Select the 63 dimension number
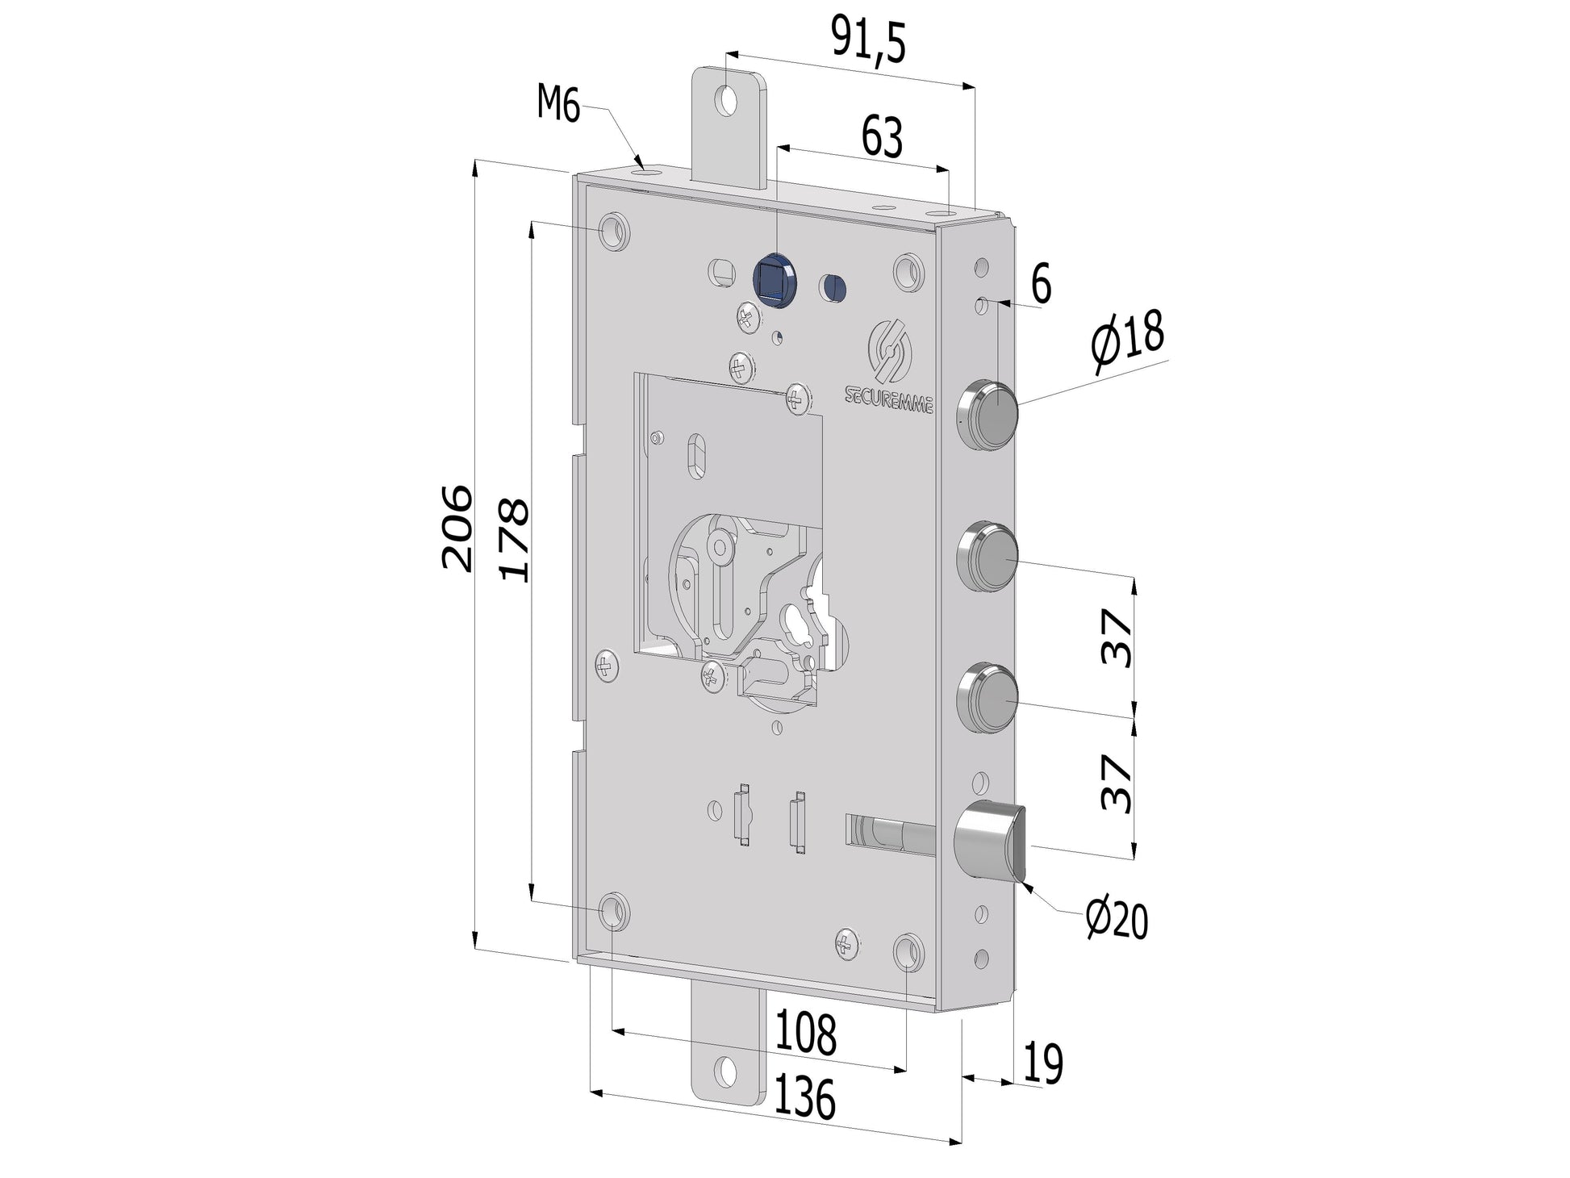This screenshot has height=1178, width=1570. (x=882, y=138)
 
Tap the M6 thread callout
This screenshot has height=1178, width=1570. (x=559, y=105)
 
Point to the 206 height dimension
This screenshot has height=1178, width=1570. (x=456, y=528)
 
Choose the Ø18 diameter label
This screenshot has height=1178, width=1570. (x=1127, y=342)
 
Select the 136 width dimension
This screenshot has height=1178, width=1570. (x=804, y=1099)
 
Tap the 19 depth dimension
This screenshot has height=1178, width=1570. (x=1042, y=1063)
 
